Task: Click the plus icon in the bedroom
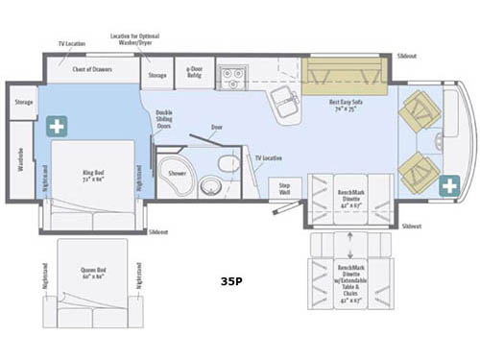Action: (x=57, y=126)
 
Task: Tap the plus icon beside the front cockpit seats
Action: (x=448, y=185)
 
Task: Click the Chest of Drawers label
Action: (x=93, y=68)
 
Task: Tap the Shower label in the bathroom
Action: (x=177, y=174)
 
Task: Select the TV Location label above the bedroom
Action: (x=72, y=44)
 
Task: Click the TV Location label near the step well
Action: (x=268, y=156)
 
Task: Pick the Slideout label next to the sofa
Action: (x=407, y=57)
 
